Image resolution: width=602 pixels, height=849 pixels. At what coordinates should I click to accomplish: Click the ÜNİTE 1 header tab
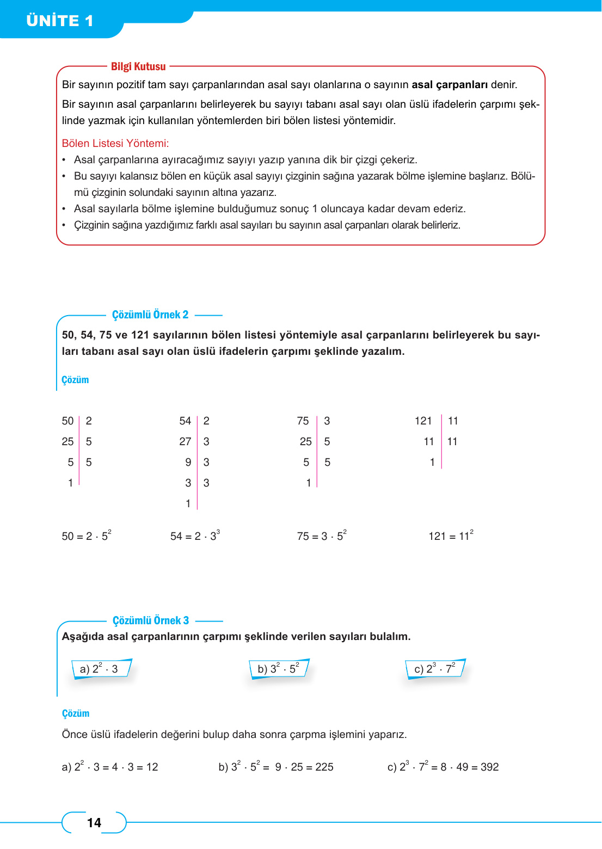60,21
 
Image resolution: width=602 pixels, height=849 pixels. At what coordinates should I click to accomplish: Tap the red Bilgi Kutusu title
138,66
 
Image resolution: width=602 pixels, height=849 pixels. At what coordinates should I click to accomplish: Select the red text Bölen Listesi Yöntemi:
115,143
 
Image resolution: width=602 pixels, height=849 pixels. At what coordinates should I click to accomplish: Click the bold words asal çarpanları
450,84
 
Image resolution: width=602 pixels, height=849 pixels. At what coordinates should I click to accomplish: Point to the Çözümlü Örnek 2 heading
150,315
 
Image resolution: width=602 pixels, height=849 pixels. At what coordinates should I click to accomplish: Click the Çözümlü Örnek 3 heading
151,620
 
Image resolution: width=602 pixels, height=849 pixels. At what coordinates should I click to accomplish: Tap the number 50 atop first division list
67,421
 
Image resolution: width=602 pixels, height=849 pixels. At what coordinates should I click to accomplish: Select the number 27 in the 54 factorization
185,441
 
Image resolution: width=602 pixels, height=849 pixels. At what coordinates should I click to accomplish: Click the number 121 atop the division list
423,421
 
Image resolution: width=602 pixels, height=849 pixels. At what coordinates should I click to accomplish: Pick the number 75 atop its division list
303,421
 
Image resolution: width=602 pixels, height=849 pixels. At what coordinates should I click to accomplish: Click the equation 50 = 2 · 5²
87,536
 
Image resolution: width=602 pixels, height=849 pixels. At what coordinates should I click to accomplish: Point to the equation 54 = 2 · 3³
195,536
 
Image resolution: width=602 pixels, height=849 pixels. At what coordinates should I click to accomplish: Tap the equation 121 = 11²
451,536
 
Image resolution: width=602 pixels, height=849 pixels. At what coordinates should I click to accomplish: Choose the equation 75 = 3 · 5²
322,536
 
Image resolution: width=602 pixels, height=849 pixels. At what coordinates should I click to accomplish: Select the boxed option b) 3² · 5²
278,669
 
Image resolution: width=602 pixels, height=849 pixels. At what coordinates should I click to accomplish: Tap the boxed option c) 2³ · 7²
434,669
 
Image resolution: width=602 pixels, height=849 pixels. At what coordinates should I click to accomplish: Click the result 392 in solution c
489,767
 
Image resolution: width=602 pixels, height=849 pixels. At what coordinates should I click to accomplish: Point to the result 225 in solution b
324,767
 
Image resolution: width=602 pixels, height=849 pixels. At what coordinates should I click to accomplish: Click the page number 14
94,822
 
